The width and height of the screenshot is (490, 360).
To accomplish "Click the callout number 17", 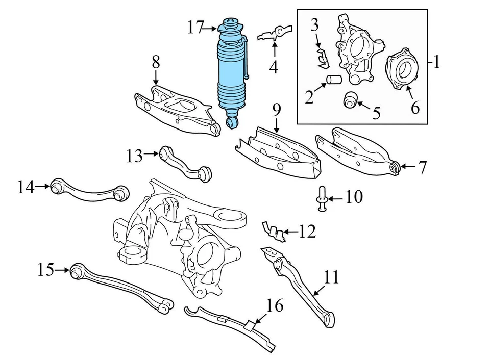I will [195, 27].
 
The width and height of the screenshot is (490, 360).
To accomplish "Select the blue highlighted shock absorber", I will [233, 71].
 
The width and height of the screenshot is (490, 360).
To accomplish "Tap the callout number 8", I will [156, 63].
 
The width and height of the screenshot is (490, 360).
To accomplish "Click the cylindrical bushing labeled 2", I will [334, 81].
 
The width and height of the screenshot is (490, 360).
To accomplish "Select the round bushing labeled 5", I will [350, 100].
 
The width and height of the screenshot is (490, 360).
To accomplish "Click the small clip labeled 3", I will [322, 59].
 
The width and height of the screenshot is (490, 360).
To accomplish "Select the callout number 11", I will [331, 277].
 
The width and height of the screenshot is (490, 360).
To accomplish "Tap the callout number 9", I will [276, 110].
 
